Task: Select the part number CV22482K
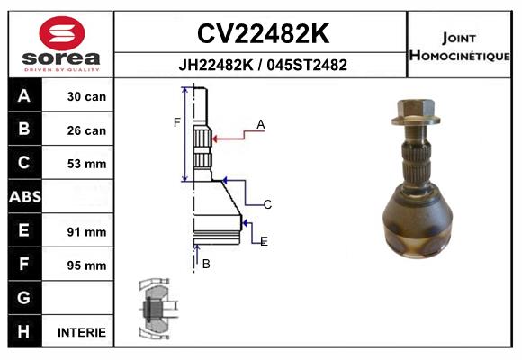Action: click(x=262, y=34)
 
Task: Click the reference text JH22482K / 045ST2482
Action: click(x=262, y=66)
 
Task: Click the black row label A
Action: click(x=24, y=96)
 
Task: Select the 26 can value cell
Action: click(x=86, y=130)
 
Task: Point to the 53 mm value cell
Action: click(x=86, y=164)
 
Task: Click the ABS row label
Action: click(x=24, y=197)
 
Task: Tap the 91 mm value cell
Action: click(x=86, y=231)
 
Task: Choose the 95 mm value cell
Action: click(x=86, y=265)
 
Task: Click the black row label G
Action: click(x=24, y=298)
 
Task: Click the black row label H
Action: click(x=24, y=331)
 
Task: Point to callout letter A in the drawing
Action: click(x=260, y=124)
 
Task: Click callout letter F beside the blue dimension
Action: click(x=177, y=121)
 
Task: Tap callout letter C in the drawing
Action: click(x=267, y=205)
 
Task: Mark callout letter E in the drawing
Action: click(x=264, y=242)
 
